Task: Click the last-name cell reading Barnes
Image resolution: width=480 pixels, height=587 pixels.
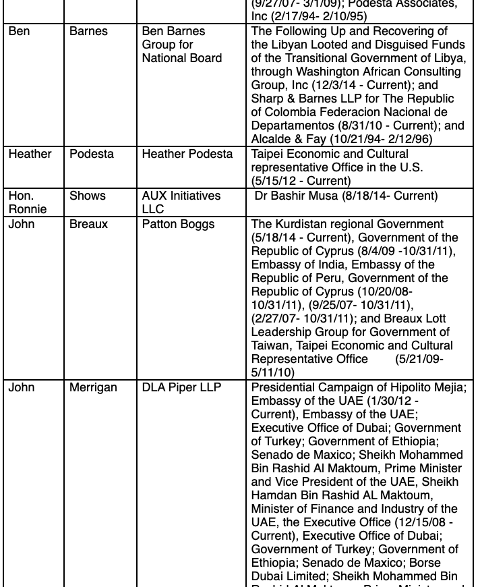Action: pyautogui.click(x=88, y=32)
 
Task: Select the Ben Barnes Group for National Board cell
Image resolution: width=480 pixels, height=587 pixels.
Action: pyautogui.click(x=181, y=45)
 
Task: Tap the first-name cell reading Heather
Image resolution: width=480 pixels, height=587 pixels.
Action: pyautogui.click(x=30, y=155)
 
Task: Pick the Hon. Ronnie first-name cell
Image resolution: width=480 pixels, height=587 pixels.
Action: pyautogui.click(x=28, y=202)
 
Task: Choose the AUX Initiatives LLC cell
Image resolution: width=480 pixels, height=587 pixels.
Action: pyautogui.click(x=181, y=202)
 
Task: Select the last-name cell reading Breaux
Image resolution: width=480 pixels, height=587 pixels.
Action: pyautogui.click(x=88, y=224)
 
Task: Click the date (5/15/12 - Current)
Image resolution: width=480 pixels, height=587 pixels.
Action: pyautogui.click(x=301, y=181)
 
